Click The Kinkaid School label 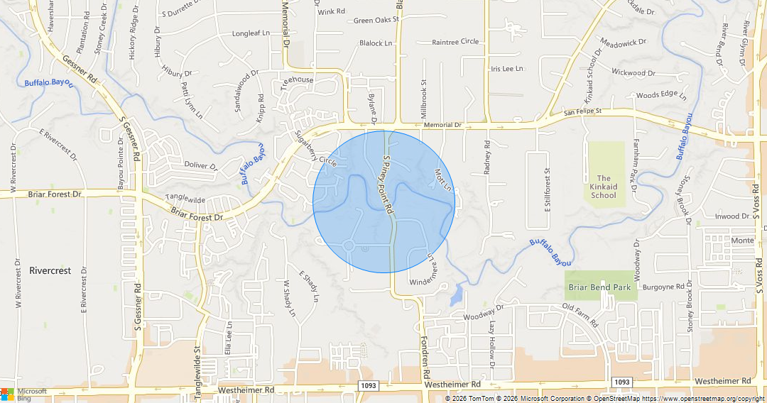(604, 187)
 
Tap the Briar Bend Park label (599, 287)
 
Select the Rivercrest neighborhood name (50, 270)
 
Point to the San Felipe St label (582, 111)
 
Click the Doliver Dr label (200, 166)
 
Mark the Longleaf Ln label (251, 33)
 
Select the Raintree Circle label (455, 42)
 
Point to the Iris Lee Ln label (506, 69)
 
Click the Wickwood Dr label (629, 72)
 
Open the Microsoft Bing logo (24, 394)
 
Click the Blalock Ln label (376, 43)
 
